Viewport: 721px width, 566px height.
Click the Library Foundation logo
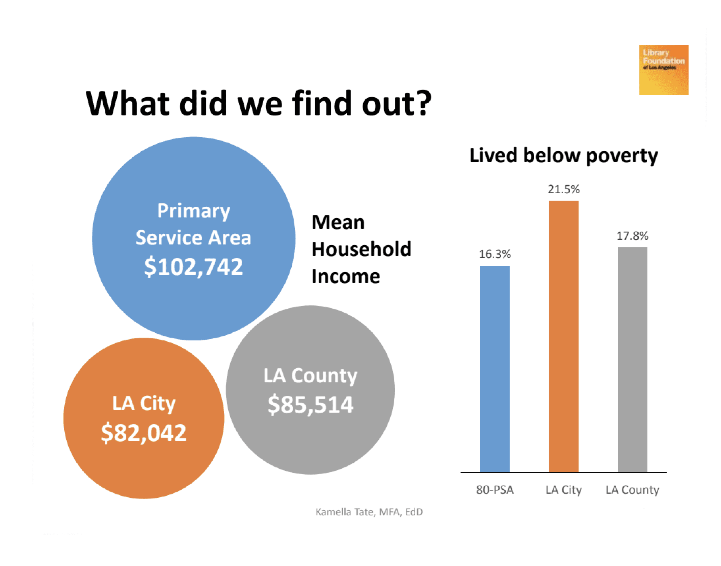coord(663,70)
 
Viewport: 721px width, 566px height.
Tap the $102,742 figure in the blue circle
coord(193,266)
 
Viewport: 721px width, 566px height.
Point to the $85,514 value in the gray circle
coord(310,404)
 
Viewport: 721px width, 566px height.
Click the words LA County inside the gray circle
coord(310,376)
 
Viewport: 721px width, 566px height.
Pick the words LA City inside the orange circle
coord(144,404)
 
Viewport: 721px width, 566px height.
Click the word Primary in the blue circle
coord(193,211)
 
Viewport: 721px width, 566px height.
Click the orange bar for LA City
coord(563,336)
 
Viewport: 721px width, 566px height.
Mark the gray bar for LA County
coord(632,360)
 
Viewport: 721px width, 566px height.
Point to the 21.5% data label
coord(563,189)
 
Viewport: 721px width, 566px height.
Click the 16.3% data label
coord(495,254)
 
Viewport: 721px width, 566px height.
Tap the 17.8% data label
coord(632,236)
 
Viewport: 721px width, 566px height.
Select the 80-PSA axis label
coord(495,490)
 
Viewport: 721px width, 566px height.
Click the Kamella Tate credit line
coord(369,512)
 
